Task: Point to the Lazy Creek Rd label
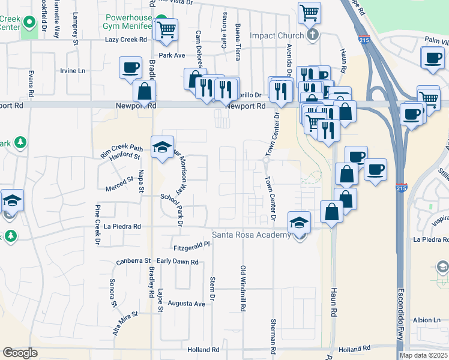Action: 126,40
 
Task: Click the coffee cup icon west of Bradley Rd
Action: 130,67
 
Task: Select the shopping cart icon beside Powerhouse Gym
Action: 166,28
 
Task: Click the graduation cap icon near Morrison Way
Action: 162,147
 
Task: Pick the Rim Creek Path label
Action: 122,148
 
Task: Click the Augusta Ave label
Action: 187,304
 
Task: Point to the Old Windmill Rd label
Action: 243,289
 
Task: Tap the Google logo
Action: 20,352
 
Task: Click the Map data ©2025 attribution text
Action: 423,355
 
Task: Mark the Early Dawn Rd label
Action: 177,262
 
